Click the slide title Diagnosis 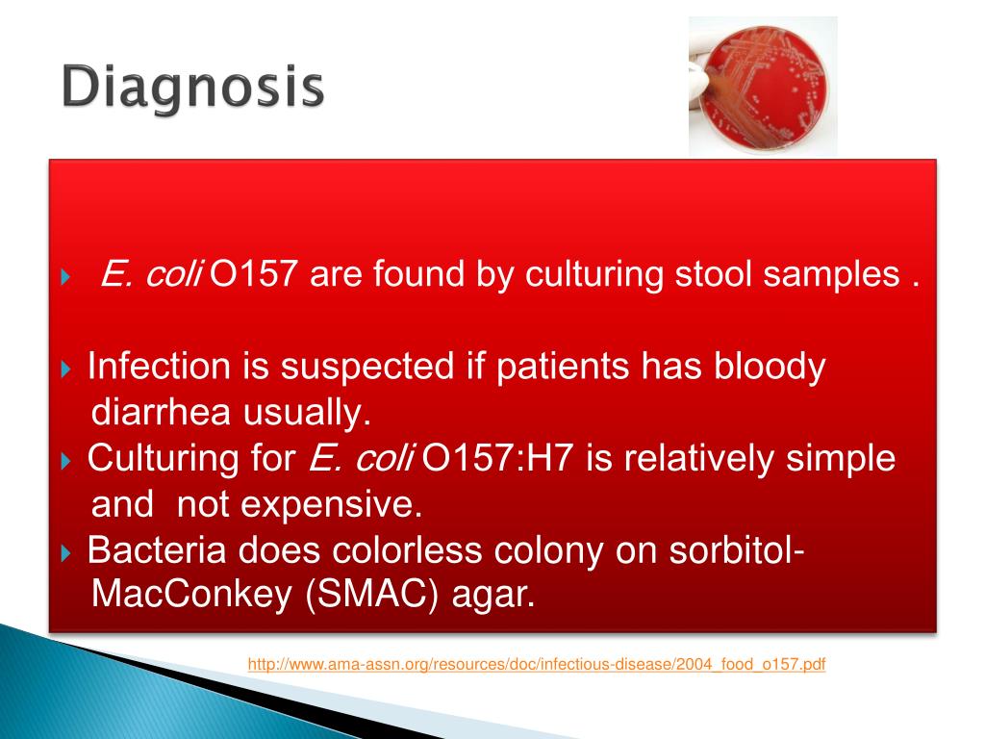click(192, 88)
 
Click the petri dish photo click(763, 86)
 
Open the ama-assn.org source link click(537, 664)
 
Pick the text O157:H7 click(496, 457)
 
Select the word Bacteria click(157, 549)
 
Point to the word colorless click(407, 549)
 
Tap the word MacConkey click(191, 594)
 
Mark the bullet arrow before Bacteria click(66, 552)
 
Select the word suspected click(366, 368)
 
